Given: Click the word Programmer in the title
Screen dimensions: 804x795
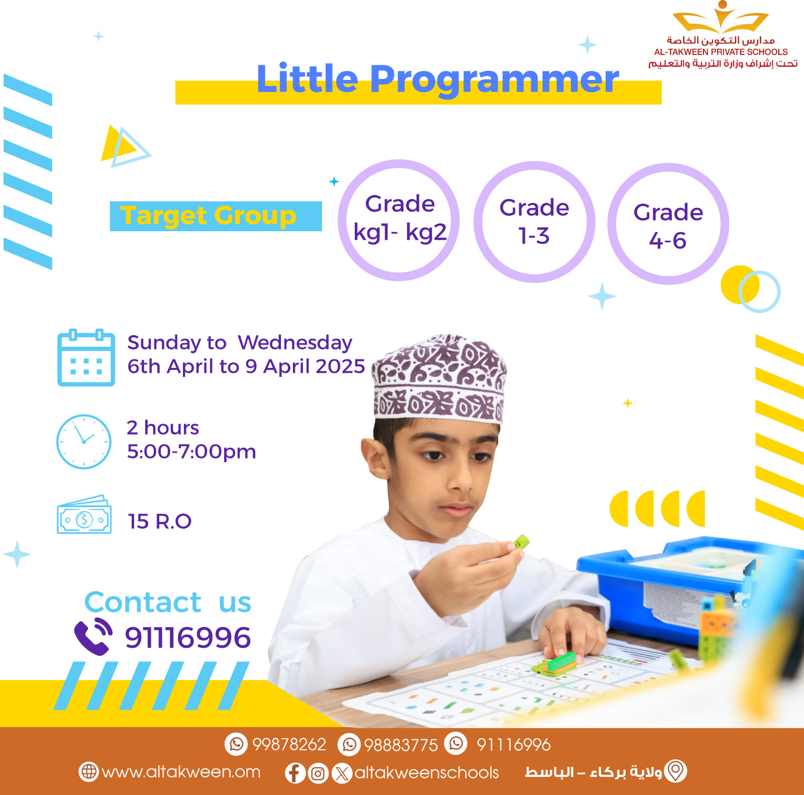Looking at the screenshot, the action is coord(495,79).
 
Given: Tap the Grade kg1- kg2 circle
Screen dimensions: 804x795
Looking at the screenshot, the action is coord(399,220).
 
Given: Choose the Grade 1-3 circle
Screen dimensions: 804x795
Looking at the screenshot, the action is coord(534,222).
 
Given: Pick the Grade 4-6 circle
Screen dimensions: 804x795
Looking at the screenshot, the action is coord(668,224).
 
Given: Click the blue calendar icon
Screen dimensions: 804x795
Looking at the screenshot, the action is coord(86,358).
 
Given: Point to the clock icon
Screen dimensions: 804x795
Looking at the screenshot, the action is coord(84,442).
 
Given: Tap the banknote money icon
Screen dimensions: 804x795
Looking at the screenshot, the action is coord(84,515).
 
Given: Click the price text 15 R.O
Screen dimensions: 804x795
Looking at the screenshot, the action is coord(159,522).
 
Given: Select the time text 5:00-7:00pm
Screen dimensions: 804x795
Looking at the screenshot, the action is coord(191,452).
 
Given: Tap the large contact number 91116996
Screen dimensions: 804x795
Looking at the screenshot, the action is coord(187,638).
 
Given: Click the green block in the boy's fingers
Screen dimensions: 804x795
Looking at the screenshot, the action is coord(521,542).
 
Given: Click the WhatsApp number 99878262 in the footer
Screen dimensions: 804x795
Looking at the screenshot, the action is coord(289,744).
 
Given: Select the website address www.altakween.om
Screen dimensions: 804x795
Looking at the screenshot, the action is coord(181,772).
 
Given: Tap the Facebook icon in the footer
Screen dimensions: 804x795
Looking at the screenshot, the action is coord(295,773).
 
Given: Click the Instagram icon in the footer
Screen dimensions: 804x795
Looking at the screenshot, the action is coord(318,773).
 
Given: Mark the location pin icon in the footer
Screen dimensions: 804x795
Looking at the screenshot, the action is coord(675,771).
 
